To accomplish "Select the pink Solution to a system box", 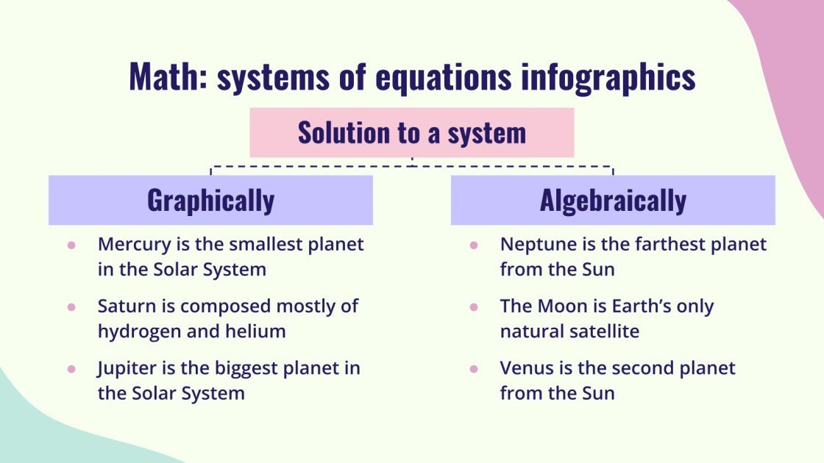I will (411, 133).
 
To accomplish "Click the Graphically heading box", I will (210, 200).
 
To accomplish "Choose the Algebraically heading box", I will (613, 200).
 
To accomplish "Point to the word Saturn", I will (123, 306).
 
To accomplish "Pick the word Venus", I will (523, 367).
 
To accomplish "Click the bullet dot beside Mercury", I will (71, 245).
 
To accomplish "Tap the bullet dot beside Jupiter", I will (71, 368).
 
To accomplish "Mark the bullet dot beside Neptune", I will (474, 245).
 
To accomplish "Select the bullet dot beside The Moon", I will (474, 306).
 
